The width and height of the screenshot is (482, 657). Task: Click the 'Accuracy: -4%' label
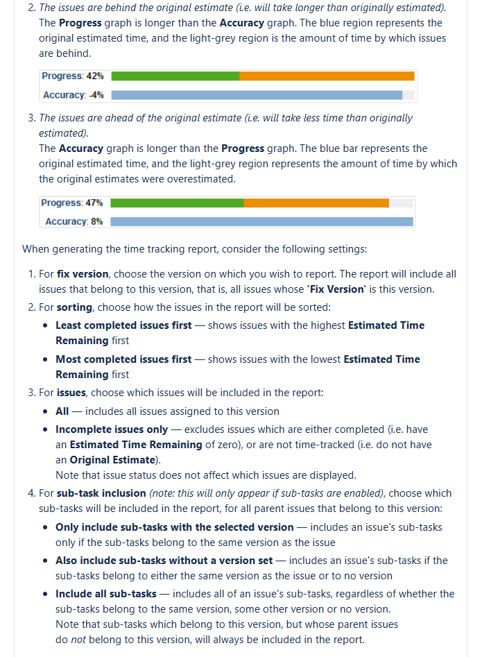74,95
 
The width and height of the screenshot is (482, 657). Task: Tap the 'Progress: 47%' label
72,203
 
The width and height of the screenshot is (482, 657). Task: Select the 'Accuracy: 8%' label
74,221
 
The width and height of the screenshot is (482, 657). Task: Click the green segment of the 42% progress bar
175,76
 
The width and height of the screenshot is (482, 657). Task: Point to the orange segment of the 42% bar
327,76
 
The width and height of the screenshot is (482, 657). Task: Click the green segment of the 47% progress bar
177,203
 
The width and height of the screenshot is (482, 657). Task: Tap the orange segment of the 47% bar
316,203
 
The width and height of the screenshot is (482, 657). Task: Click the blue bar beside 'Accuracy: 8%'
261,221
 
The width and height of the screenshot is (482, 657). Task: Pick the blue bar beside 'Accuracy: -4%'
257,95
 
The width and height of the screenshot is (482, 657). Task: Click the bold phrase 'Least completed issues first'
123,325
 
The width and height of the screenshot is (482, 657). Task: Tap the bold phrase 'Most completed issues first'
123,359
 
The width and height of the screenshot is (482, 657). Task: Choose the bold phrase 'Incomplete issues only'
112,429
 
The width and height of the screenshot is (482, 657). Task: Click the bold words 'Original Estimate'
112,460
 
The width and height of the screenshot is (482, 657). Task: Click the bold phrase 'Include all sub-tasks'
106,594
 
